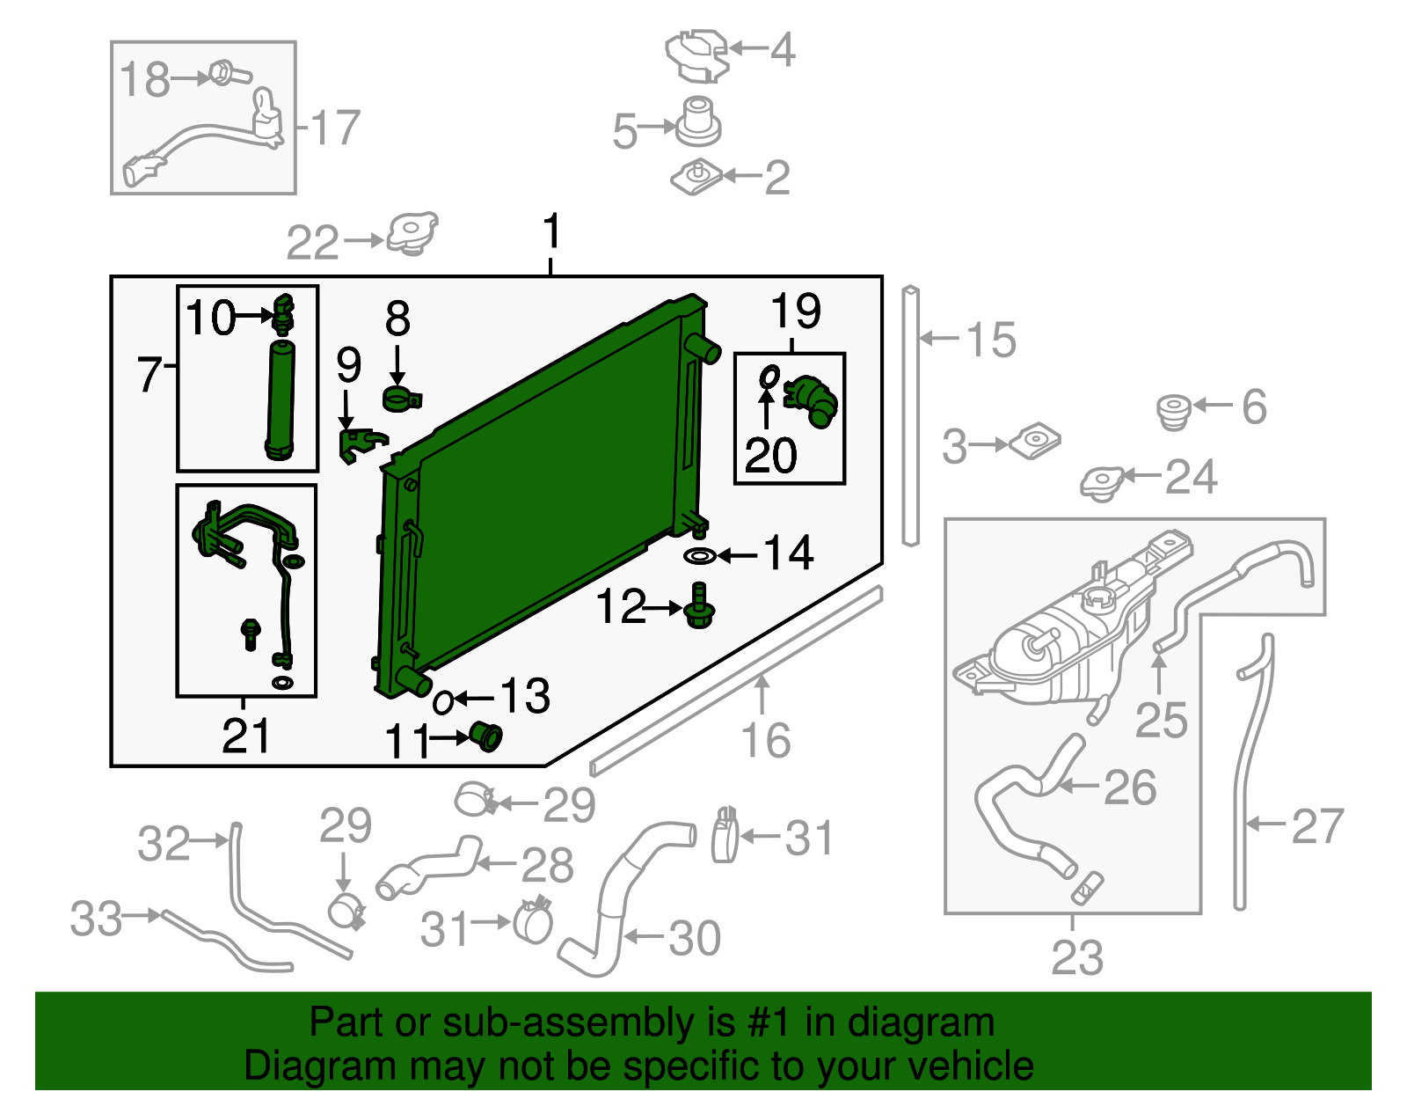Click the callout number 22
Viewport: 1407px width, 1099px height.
coord(312,243)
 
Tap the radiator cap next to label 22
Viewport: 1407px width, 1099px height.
coord(412,234)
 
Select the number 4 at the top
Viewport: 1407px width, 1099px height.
coord(783,49)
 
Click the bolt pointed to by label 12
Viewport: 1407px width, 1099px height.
coord(699,605)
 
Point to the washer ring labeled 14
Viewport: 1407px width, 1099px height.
coord(700,555)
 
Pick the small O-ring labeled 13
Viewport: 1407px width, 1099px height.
coord(443,702)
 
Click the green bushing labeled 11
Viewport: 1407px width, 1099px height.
coord(485,736)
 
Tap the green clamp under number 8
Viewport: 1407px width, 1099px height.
coord(402,399)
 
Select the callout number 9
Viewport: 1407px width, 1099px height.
coord(348,365)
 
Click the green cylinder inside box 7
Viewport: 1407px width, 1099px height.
coord(281,400)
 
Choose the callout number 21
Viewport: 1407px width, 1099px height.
coord(245,736)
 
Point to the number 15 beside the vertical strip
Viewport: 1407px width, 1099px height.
coord(991,340)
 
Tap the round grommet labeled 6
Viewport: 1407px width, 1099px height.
coord(1174,412)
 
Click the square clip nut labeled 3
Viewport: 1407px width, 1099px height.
coord(1035,442)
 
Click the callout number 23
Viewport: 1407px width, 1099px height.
coord(1077,957)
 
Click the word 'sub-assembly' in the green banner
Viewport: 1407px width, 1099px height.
coord(588,1023)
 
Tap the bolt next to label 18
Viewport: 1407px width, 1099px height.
coord(230,74)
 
